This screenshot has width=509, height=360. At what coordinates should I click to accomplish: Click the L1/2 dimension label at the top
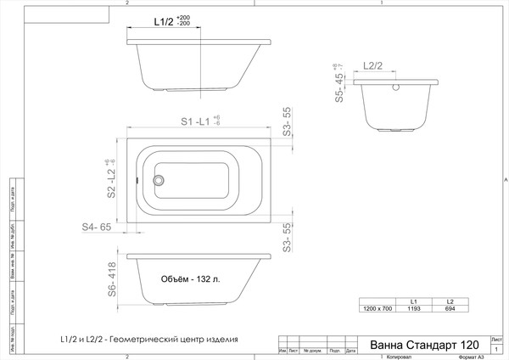click(165, 20)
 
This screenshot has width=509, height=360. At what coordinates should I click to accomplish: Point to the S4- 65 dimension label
click(97, 228)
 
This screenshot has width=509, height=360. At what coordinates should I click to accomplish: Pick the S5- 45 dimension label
click(338, 87)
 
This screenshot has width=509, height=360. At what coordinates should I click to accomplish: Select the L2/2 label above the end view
click(374, 65)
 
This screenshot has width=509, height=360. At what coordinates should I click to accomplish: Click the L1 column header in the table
click(413, 301)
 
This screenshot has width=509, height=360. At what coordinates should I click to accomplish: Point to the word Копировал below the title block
click(380, 357)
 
